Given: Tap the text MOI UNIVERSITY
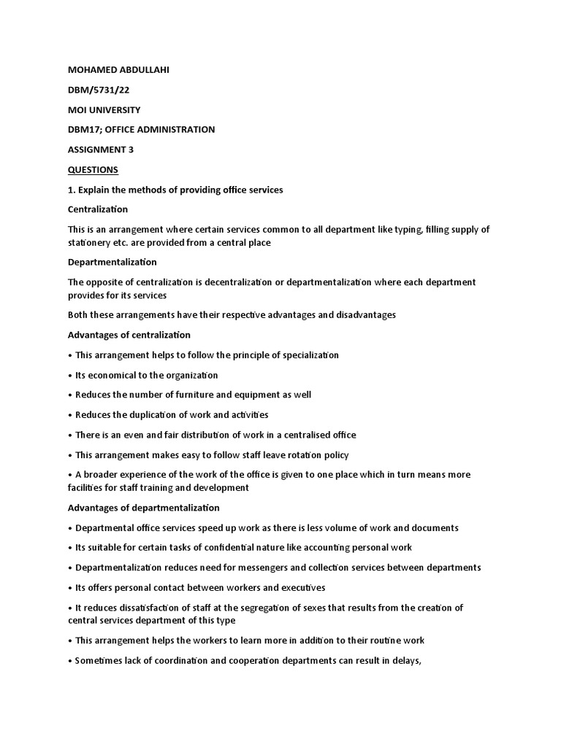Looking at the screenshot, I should (x=104, y=109).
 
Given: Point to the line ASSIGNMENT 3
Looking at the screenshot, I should (x=101, y=150).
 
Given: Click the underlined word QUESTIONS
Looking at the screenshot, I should (x=93, y=169).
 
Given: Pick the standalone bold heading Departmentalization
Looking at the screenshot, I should (x=112, y=262).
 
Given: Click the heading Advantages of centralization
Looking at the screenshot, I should (x=129, y=335).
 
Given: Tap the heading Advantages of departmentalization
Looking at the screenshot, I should (x=144, y=508).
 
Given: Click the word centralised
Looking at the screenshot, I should (x=305, y=435).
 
